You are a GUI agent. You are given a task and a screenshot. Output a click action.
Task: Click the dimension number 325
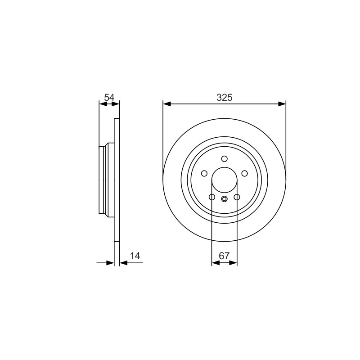click(224, 98)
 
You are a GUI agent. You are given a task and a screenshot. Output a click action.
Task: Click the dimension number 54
click(109, 98)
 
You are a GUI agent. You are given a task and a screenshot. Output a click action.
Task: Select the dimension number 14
click(135, 256)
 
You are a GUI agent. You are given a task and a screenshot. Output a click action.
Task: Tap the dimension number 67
click(224, 256)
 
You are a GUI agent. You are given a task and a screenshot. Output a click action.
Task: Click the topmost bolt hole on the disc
click(224, 159)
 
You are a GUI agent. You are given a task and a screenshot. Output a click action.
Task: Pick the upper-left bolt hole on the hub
click(204, 173)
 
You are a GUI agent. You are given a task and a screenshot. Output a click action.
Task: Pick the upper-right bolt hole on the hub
click(244, 173)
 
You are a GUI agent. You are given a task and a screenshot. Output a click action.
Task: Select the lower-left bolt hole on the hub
click(212, 197)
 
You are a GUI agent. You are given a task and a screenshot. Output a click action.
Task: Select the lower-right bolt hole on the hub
click(237, 197)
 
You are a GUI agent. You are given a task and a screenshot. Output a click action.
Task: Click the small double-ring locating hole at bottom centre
click(224, 199)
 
